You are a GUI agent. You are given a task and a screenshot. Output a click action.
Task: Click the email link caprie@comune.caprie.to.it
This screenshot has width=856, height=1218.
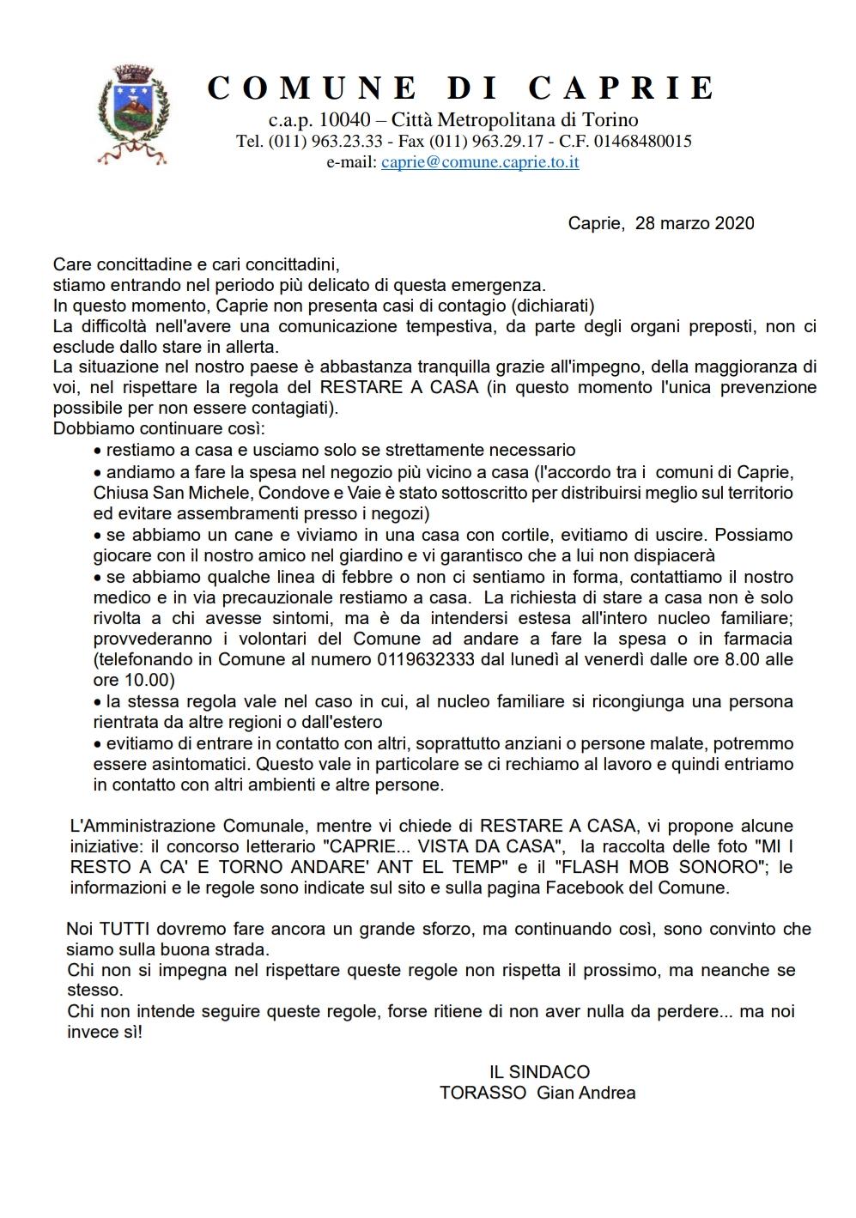480,162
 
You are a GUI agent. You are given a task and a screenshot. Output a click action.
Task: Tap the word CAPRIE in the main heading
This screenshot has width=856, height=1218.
620,88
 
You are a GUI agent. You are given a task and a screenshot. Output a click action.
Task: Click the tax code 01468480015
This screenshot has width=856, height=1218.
635,141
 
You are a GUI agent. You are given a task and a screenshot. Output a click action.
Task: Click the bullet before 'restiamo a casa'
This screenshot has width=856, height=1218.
97,451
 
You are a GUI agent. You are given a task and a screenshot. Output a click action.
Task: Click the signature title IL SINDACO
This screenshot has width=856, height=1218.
539,1072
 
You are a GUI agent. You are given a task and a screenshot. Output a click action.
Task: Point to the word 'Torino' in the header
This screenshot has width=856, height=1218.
608,119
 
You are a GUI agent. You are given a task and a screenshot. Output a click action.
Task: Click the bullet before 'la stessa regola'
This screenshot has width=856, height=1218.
97,702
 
